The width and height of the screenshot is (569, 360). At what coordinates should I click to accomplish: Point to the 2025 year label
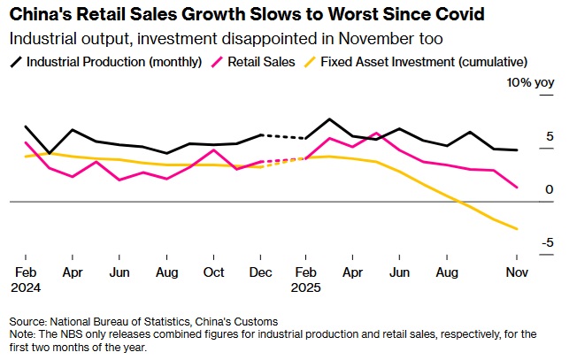click(x=306, y=287)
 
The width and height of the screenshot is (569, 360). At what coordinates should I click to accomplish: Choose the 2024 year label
click(x=25, y=287)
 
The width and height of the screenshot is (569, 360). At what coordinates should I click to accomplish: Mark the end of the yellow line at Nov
click(x=518, y=229)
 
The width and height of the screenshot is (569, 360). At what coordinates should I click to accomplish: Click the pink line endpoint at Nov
click(x=518, y=188)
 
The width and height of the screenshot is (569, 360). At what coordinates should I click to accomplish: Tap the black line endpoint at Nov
click(x=518, y=150)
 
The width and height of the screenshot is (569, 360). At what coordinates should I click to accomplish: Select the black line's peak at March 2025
click(x=329, y=119)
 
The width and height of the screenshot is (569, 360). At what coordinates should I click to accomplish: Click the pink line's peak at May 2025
click(x=377, y=134)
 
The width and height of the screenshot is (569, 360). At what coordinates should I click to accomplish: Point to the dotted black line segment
click(x=283, y=137)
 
